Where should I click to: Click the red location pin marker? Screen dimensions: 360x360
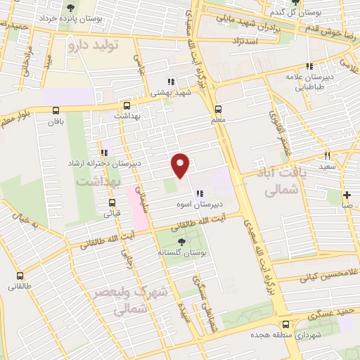(181, 165)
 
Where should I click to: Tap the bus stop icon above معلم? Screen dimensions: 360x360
(218, 109)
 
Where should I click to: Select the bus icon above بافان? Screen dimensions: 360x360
(56, 110)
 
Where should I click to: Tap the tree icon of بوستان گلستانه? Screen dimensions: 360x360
(182, 241)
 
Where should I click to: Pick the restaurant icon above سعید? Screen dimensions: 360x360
(328, 155)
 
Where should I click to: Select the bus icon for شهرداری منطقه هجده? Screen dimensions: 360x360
(285, 324)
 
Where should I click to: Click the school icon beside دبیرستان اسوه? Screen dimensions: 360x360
(200, 193)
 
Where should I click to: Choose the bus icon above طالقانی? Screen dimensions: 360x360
(20, 276)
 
